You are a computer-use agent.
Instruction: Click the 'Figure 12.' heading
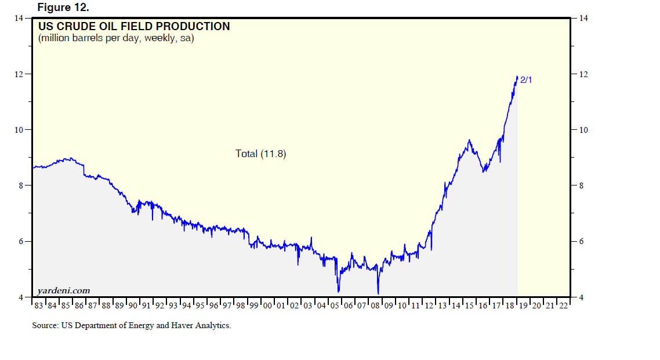(63, 7)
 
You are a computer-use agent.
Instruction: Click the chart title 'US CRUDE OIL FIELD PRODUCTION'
(134, 27)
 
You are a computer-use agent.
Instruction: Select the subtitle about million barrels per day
(116, 39)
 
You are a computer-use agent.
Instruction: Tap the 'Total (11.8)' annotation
(261, 154)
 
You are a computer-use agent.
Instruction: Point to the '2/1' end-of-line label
(526, 80)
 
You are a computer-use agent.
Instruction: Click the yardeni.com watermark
(63, 290)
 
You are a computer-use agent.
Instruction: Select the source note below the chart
(132, 325)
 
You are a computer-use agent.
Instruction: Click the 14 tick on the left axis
(19, 19)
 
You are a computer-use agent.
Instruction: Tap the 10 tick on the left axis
(19, 130)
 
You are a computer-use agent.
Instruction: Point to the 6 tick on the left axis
(20, 241)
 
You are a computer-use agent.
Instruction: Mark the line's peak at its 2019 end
(517, 77)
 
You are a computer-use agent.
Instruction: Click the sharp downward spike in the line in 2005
(338, 291)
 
